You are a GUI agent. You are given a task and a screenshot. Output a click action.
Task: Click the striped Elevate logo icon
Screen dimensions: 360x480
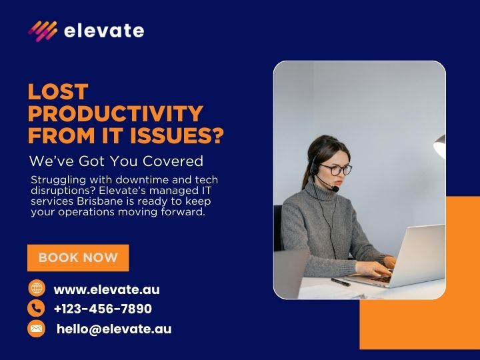[x=42, y=31]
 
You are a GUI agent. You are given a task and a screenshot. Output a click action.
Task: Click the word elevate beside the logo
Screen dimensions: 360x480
[x=103, y=31]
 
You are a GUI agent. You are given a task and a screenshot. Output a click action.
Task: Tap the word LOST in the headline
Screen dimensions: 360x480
[x=58, y=92]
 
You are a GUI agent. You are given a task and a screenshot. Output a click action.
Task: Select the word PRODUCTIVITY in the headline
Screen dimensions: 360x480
[x=115, y=113]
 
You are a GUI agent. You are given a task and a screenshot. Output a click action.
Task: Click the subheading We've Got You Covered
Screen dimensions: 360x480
[x=116, y=161]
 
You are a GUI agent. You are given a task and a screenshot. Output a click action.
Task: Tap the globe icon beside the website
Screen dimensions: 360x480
[x=36, y=288]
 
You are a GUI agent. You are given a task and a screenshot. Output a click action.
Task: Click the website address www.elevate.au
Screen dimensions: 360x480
[x=107, y=289]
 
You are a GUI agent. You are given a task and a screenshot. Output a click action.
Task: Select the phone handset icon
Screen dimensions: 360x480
[x=36, y=308]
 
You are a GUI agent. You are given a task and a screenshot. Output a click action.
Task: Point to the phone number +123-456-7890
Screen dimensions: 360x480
[x=103, y=309]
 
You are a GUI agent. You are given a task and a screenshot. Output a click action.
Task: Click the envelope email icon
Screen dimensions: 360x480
[x=36, y=329]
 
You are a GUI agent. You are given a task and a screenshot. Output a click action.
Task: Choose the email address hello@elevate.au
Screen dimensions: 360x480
[x=114, y=329]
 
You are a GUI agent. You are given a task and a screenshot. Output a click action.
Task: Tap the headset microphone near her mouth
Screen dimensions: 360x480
[x=337, y=189]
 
